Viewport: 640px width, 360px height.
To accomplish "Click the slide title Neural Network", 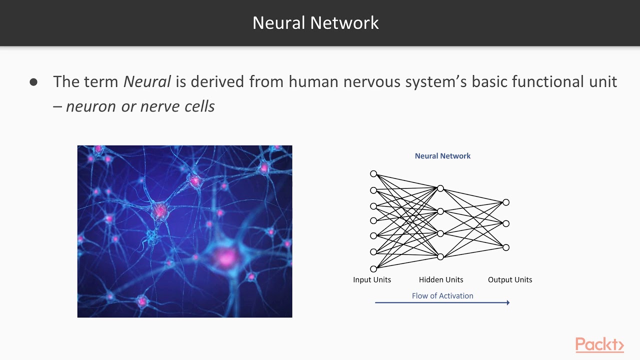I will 315,23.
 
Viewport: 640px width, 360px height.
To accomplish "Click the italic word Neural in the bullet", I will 147,81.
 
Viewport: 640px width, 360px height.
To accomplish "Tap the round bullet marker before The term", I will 33,82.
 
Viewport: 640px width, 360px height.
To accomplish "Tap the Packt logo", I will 599,345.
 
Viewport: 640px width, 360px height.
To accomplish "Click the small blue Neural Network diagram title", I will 442,156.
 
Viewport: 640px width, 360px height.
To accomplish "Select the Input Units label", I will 372,280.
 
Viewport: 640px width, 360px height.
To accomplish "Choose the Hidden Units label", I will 441,280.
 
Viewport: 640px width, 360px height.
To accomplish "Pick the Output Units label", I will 510,280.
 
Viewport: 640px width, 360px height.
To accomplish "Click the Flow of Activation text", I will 442,296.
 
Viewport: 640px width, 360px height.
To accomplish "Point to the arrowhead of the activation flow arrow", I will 507,302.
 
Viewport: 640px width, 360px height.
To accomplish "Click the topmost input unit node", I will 373,174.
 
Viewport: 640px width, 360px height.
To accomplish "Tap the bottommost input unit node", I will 373,269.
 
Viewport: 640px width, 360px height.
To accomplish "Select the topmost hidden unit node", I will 440,188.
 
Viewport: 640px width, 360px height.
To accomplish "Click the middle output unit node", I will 506,223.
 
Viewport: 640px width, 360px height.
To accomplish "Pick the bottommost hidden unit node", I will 440,257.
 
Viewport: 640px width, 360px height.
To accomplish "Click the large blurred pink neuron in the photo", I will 226,258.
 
